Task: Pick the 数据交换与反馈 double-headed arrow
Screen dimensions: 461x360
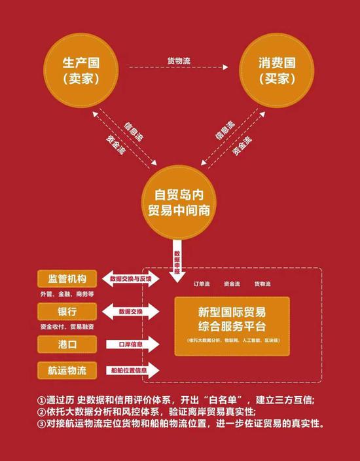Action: [x=135, y=280]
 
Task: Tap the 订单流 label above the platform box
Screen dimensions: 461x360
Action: [x=200, y=284]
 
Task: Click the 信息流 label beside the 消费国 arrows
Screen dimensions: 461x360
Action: [x=225, y=129]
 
